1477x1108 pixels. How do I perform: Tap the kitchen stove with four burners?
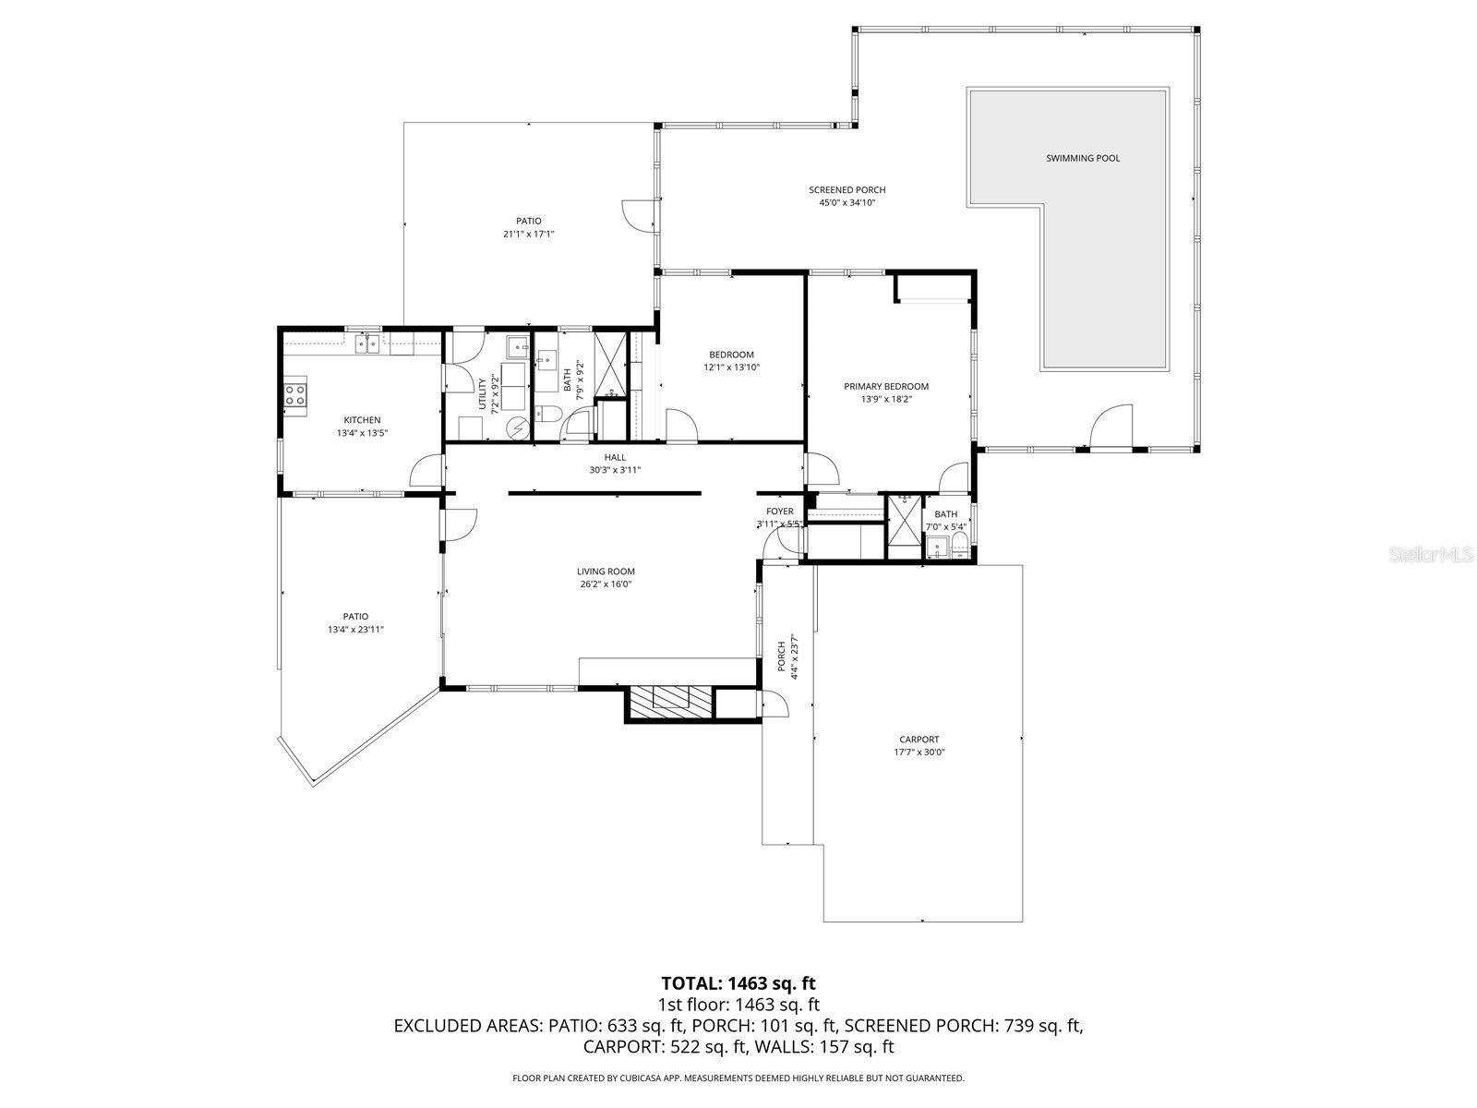click(x=295, y=395)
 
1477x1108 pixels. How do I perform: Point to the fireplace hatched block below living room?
click(x=670, y=704)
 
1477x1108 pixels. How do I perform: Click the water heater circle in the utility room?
click(x=518, y=428)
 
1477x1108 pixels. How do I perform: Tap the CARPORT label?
click(x=919, y=739)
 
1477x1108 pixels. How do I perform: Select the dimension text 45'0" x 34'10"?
click(x=847, y=202)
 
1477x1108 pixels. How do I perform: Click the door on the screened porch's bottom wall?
click(x=1111, y=429)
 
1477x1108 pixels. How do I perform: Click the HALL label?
click(x=615, y=457)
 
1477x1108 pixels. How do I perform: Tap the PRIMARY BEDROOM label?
click(x=886, y=386)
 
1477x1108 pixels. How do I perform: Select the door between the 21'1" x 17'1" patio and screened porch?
click(x=639, y=215)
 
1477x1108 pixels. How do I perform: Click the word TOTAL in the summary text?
click(x=692, y=983)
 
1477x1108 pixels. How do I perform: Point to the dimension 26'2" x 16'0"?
click(x=606, y=584)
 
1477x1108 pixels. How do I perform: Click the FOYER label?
click(x=779, y=511)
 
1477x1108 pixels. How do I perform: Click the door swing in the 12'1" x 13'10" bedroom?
click(x=681, y=428)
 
